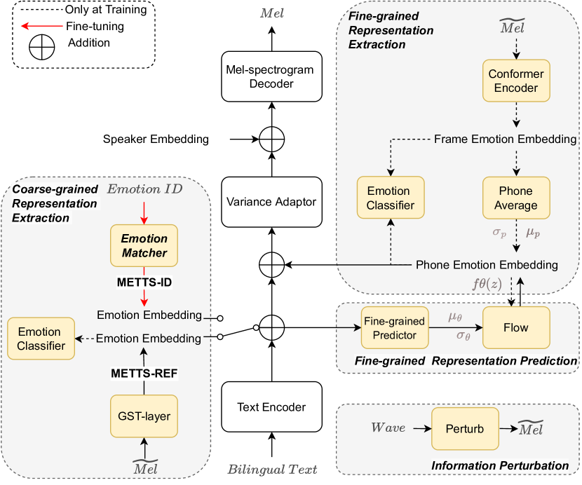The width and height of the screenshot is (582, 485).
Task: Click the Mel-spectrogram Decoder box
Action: (271, 76)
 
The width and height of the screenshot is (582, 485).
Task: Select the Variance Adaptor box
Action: (271, 202)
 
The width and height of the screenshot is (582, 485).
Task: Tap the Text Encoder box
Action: (271, 407)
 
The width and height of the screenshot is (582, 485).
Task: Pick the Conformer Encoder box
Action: (516, 81)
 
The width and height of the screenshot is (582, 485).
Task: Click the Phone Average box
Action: (516, 198)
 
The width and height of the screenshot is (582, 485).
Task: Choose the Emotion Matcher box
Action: (144, 245)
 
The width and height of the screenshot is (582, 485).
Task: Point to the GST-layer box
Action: (144, 416)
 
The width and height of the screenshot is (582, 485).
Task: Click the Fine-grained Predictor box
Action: (394, 328)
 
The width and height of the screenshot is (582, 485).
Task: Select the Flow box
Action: (515, 327)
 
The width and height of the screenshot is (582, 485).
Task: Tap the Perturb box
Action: (465, 428)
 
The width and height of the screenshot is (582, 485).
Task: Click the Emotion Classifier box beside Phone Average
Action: (388, 198)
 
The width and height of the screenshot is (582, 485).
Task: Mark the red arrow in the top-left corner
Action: (42, 26)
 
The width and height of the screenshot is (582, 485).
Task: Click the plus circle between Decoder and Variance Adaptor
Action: (271, 139)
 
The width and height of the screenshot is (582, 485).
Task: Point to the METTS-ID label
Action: (144, 282)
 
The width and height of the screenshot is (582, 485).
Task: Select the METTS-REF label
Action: (144, 374)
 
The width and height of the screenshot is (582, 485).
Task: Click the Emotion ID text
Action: (144, 189)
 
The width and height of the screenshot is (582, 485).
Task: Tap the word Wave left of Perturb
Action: (388, 428)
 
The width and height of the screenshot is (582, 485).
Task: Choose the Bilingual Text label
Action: (272, 469)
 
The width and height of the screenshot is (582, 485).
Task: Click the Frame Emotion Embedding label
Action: (505, 139)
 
